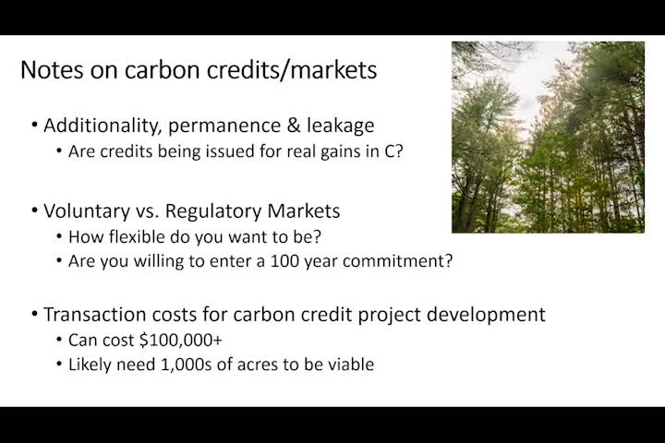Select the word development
[x=486, y=314]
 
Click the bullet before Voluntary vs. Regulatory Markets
[x=34, y=210]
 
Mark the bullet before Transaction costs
[x=34, y=315]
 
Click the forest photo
[x=548, y=137]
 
